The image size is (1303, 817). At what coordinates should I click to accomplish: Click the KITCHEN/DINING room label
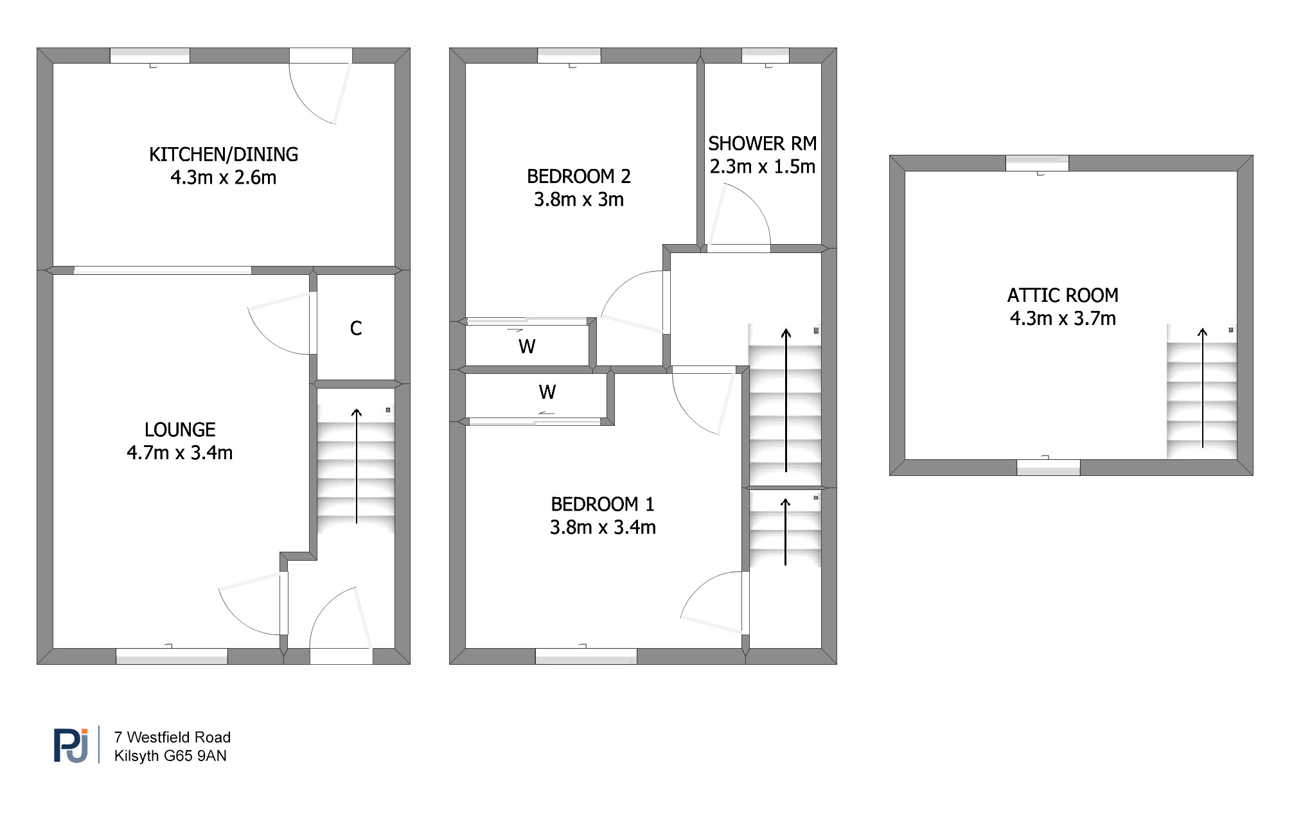pos(224,154)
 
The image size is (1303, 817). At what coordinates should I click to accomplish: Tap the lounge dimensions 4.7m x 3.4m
pos(180,453)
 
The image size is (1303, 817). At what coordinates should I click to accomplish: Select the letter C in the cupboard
pos(356,328)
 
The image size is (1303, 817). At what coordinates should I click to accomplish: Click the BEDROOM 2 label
pos(579,176)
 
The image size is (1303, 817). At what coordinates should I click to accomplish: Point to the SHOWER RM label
pos(763,143)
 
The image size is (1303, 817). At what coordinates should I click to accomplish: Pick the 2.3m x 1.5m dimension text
pos(763,166)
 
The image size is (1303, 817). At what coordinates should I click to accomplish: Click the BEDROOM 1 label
pos(603,504)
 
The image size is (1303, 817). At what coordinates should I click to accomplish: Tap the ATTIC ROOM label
pos(1063,295)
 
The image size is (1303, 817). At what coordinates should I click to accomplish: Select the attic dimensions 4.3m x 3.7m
pos(1063,319)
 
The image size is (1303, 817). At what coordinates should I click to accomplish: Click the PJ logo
pos(71,745)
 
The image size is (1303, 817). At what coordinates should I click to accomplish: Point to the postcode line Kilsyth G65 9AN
pos(170,756)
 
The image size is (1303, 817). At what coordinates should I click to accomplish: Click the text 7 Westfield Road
pos(172,737)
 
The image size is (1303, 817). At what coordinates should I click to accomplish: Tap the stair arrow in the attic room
pos(1202,387)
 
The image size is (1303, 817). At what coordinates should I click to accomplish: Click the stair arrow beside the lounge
pos(357,466)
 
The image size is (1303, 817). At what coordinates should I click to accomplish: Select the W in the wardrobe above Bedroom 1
pos(547,392)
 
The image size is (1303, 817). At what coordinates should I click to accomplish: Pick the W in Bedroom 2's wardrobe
pos(527,347)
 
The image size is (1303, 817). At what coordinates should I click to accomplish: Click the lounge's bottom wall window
pos(172,656)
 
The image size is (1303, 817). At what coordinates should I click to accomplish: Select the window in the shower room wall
pos(765,55)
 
